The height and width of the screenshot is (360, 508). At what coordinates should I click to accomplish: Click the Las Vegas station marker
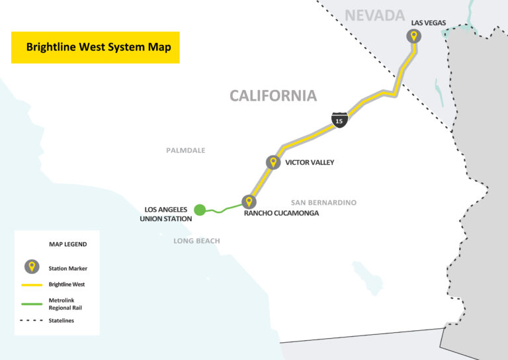413,36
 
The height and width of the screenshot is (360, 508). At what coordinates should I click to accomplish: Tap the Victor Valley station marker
273,162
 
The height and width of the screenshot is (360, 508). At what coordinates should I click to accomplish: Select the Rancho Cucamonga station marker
249,202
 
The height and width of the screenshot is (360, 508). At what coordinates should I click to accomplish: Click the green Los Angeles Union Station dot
200,209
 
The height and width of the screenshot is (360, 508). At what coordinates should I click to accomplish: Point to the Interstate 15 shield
339,120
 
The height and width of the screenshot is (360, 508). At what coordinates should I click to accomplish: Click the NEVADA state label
374,15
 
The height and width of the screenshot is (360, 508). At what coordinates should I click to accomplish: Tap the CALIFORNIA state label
273,96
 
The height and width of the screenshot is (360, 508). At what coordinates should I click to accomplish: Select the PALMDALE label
185,150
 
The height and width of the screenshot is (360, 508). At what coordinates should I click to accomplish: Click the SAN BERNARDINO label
323,202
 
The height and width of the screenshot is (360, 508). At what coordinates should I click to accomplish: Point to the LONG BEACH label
196,241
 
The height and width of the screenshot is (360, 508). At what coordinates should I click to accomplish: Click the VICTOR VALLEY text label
310,162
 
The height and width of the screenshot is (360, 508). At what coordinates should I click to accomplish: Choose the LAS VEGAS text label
429,22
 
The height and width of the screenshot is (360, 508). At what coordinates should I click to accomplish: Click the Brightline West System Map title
95,48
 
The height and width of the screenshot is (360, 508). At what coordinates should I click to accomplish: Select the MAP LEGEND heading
68,244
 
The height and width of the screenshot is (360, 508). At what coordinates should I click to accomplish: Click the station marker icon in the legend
30,267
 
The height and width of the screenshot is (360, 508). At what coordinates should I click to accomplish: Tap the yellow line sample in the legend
30,285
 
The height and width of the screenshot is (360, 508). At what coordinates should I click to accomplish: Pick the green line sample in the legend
30,302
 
